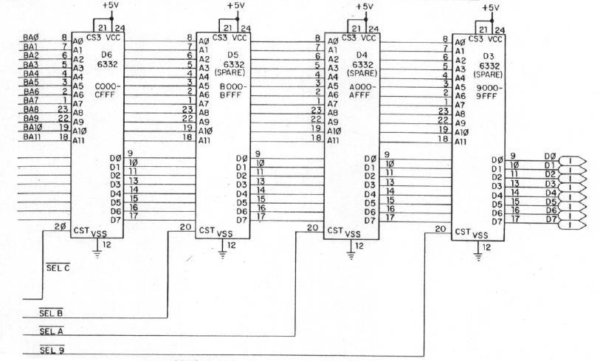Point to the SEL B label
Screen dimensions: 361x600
pyautogui.click(x=52, y=314)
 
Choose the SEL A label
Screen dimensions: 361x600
pyautogui.click(x=52, y=331)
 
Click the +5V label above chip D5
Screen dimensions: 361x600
pyautogui.click(x=237, y=6)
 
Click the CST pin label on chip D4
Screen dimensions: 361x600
pyautogui.click(x=333, y=230)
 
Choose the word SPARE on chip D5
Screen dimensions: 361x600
pyautogui.click(x=235, y=72)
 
